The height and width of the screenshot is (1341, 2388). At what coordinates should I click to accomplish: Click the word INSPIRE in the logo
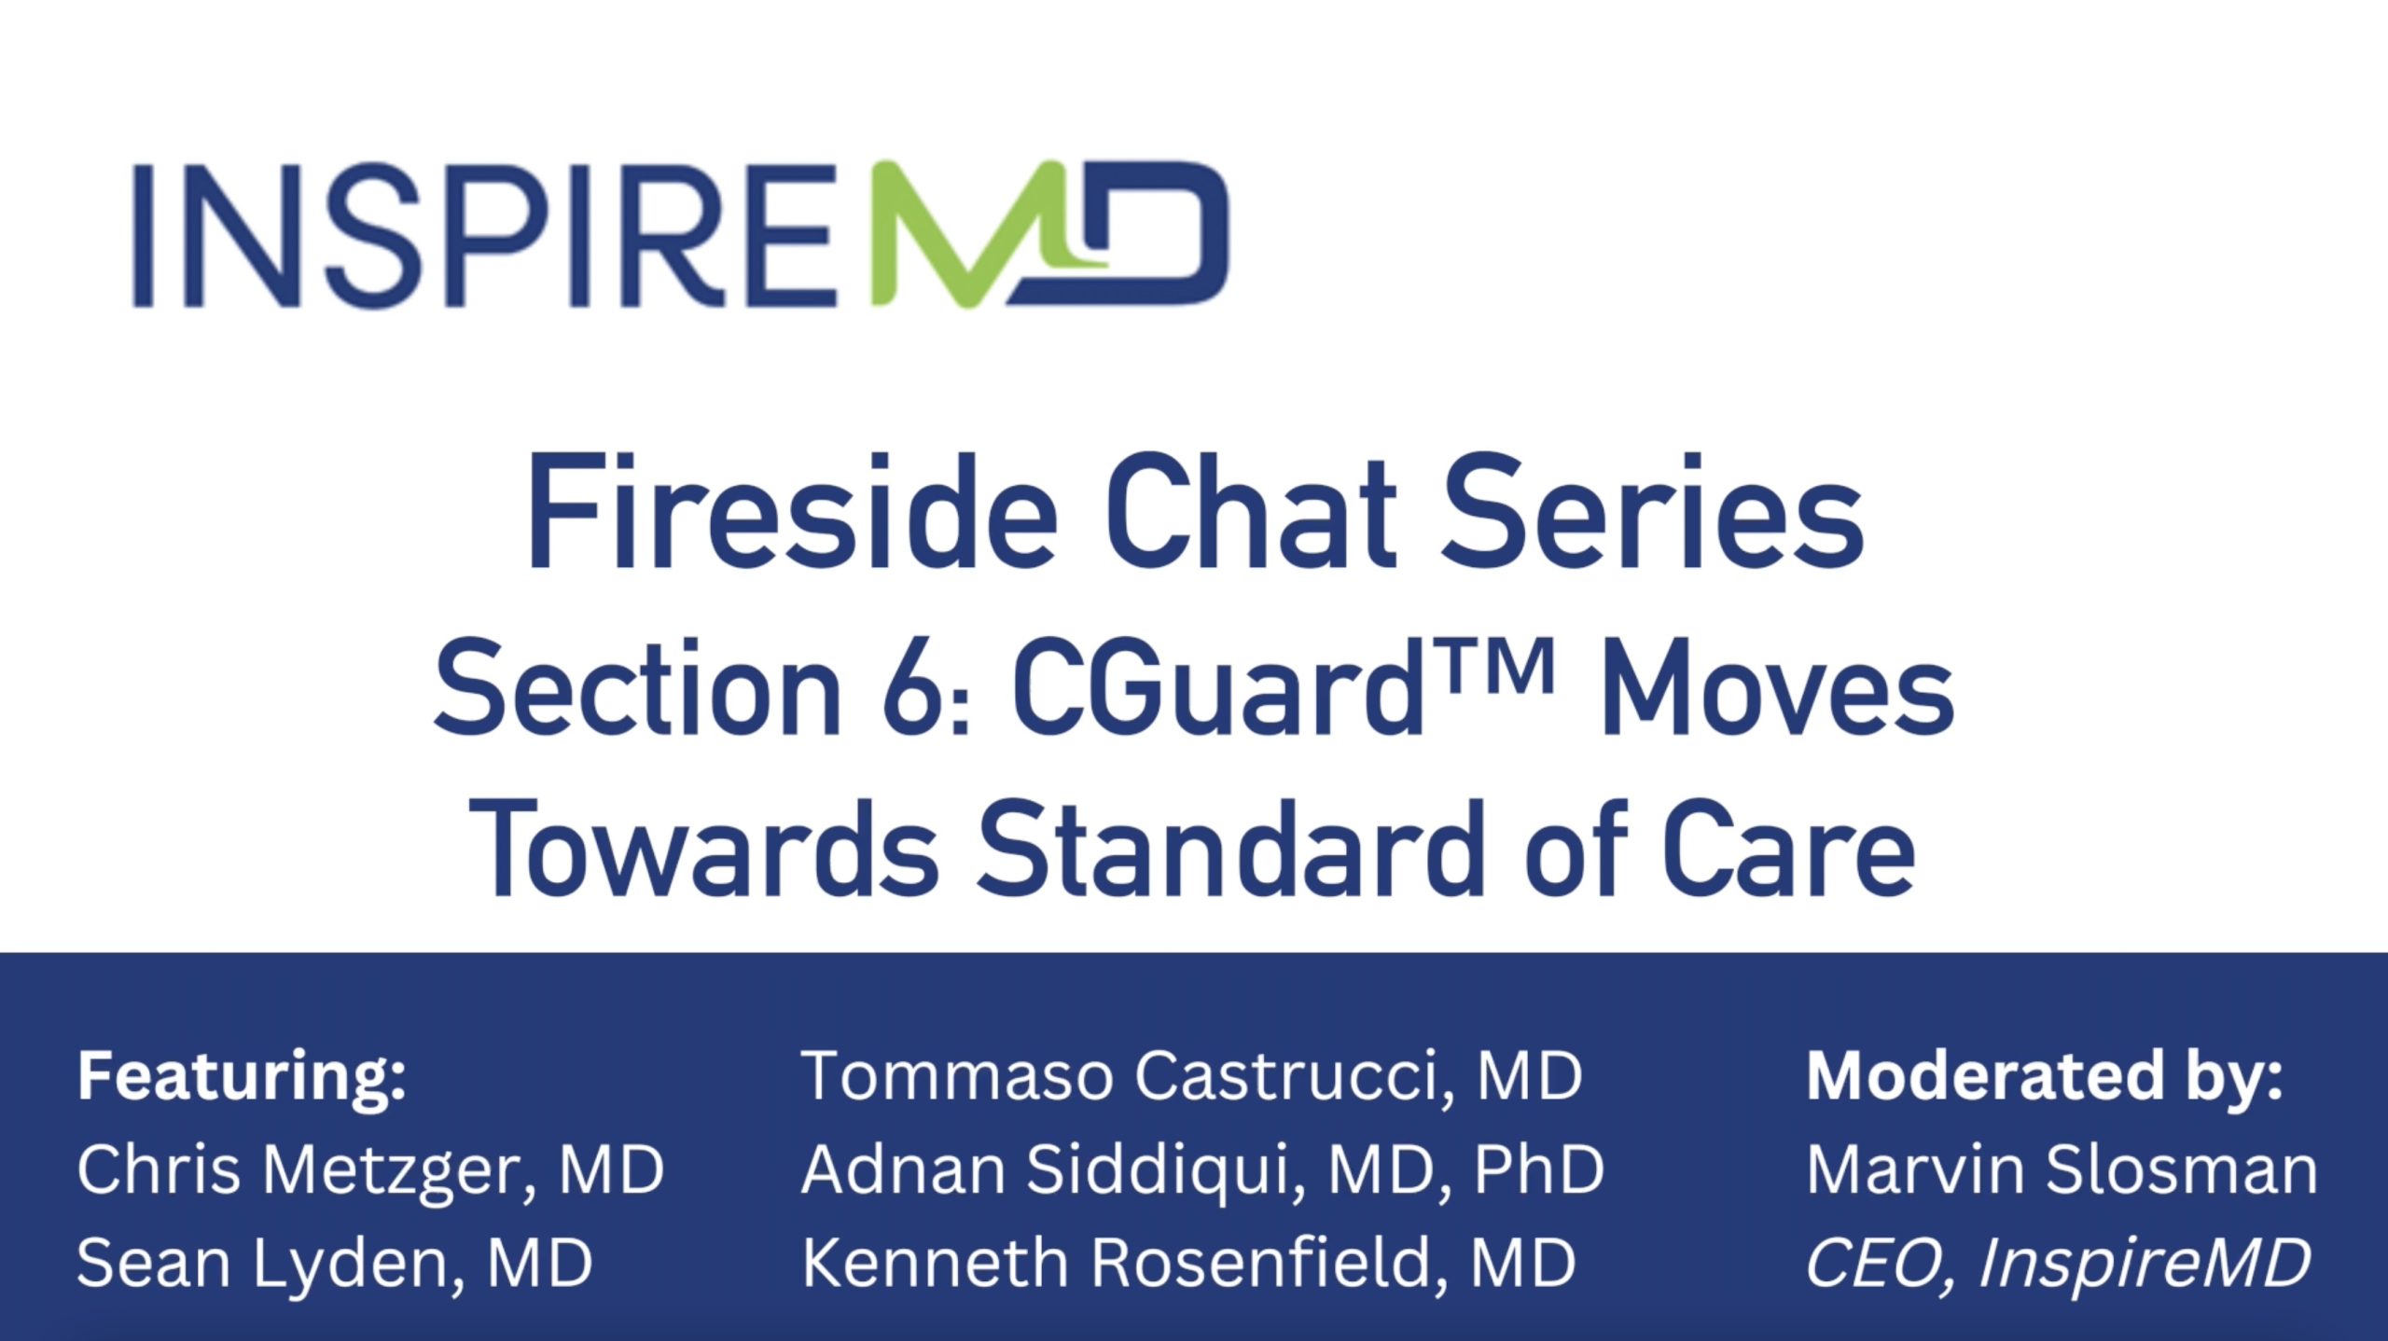(485, 235)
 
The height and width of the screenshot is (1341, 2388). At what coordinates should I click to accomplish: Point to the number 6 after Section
(909, 688)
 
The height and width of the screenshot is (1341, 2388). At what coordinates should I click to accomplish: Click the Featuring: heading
(242, 1078)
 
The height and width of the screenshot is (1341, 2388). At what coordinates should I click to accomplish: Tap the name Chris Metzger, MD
(370, 1171)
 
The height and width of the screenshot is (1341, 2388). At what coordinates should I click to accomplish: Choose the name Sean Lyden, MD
(335, 1265)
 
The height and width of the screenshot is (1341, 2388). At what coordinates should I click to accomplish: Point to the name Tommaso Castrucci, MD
(1192, 1076)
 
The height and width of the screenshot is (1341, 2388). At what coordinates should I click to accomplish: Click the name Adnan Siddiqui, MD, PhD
(1203, 1169)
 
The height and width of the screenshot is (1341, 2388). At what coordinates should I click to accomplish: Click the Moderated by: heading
(2045, 1078)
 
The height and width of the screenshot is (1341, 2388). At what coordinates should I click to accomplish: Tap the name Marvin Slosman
(2062, 1169)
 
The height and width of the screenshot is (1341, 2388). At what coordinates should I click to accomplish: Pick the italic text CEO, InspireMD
(2058, 1265)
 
